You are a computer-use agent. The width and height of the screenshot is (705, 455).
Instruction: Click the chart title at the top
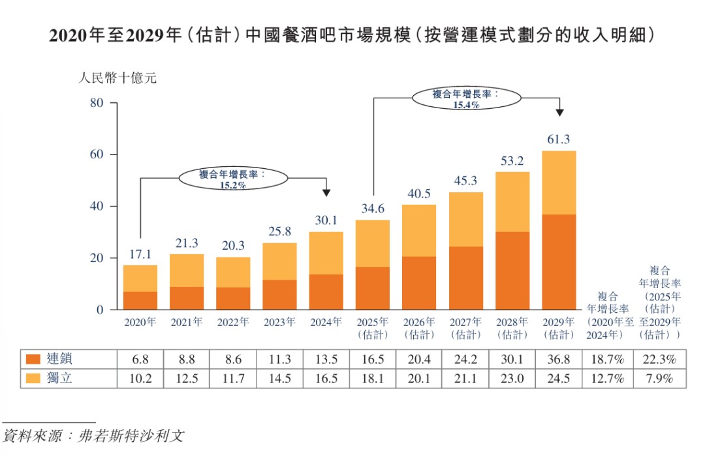click(352, 35)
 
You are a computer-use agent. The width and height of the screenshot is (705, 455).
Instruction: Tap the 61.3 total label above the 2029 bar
click(559, 139)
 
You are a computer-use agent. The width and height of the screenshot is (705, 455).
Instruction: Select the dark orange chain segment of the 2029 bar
click(559, 261)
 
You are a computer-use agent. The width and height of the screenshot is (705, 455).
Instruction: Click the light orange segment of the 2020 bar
click(140, 278)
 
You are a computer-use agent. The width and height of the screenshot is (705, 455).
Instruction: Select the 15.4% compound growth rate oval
click(466, 99)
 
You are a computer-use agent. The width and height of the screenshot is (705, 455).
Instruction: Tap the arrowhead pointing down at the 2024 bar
click(326, 193)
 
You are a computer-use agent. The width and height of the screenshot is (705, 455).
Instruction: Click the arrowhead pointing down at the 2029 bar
click(559, 113)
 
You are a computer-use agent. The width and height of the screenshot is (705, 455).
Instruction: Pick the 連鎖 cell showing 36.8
click(559, 359)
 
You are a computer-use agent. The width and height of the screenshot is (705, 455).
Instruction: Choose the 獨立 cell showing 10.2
click(140, 378)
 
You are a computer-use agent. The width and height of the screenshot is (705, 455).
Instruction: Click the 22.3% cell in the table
click(659, 359)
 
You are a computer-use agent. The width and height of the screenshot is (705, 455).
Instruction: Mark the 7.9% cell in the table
click(659, 378)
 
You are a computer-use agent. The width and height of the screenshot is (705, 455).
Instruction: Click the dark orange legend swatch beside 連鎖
click(33, 359)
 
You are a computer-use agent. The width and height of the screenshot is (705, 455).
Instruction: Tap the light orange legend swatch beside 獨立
click(33, 378)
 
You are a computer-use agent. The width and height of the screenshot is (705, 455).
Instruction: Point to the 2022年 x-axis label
click(233, 322)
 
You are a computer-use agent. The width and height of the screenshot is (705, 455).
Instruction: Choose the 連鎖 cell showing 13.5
click(326, 359)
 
